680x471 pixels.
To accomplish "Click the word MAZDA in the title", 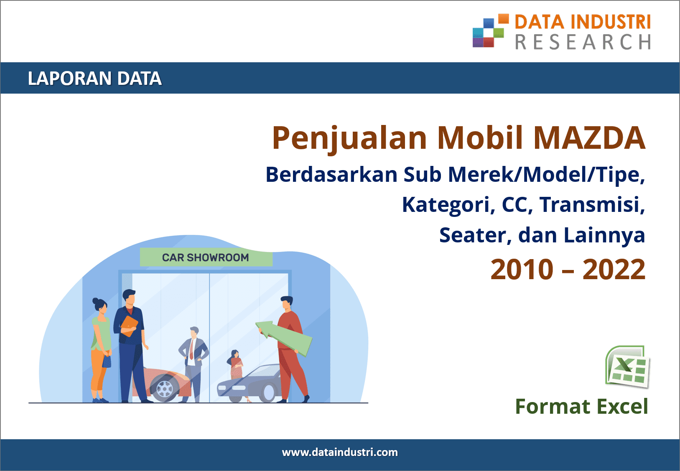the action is (x=589, y=138).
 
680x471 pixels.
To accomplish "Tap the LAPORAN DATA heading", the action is (x=94, y=78).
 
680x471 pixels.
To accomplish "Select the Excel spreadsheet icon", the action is (x=627, y=367).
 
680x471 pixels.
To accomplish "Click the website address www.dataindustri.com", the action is (x=340, y=452).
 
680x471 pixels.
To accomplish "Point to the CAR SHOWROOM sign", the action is (x=206, y=257).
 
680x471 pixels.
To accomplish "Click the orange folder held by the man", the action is (x=129, y=326).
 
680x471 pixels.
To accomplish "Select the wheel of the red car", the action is (x=165, y=388).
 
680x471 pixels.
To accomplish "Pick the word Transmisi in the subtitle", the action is (x=592, y=204).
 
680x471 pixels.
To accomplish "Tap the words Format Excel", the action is (x=582, y=406).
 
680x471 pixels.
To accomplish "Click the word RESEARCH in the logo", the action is (x=583, y=41).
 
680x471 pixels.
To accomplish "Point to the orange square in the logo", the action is (x=504, y=19).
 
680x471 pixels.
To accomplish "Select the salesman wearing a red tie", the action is (x=194, y=364).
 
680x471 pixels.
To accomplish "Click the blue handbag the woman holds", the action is (x=107, y=362).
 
